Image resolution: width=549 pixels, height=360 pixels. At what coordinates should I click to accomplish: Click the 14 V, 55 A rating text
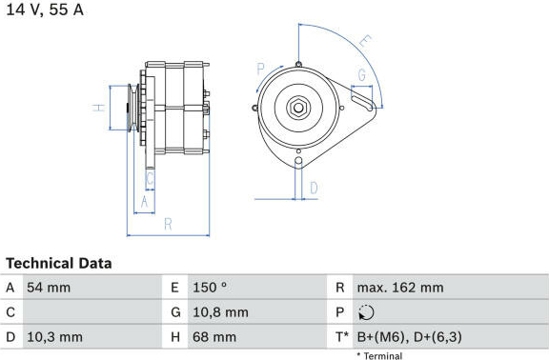tap(45, 10)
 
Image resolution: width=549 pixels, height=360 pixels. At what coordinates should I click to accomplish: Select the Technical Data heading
tap(59, 263)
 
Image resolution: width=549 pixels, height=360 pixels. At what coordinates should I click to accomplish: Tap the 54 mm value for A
tap(49, 288)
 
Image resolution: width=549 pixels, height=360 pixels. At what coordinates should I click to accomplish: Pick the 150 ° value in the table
tap(210, 288)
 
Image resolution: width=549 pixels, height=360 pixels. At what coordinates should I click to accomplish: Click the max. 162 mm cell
tap(400, 288)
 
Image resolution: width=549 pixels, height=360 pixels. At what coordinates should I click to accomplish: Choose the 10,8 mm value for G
tap(220, 312)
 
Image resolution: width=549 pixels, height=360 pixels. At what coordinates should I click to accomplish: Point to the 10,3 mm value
tap(55, 337)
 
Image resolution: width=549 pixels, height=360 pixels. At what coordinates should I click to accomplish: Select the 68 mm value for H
tap(214, 337)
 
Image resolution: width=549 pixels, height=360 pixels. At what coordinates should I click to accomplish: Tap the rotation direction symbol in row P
tap(366, 312)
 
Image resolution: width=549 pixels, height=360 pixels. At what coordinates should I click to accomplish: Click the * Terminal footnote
tap(379, 356)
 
